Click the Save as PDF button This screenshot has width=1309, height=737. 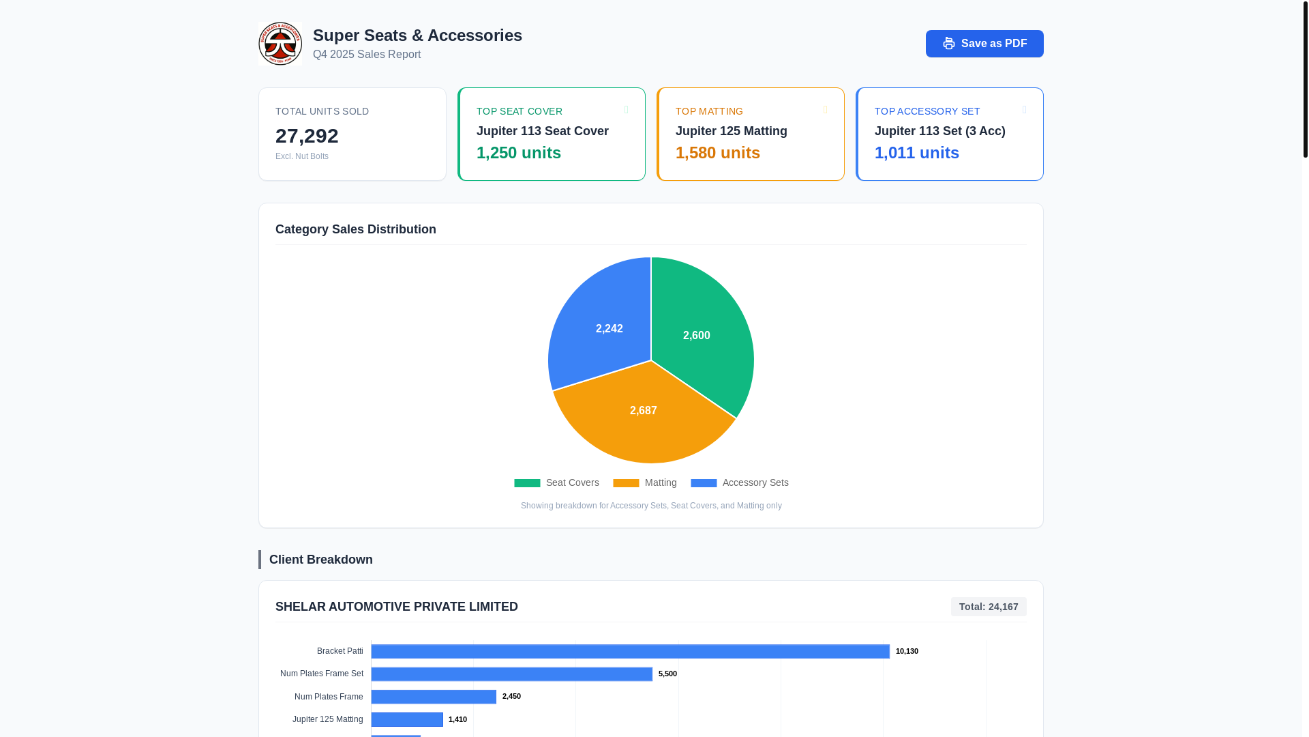coord(984,44)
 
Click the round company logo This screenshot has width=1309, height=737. coord(280,44)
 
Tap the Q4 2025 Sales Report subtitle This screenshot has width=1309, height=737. coord(367,55)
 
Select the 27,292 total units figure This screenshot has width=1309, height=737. coord(307,136)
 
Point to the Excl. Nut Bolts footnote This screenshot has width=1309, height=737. coord(302,156)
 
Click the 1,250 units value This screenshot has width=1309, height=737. coord(518,153)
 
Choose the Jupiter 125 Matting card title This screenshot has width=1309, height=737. coord(731,131)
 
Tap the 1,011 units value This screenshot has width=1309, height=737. coord(916,153)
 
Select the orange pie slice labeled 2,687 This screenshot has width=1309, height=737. coord(643,416)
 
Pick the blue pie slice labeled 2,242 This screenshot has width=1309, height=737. coord(603,328)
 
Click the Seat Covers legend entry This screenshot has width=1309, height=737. coord(557,482)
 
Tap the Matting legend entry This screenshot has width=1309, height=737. coord(645,482)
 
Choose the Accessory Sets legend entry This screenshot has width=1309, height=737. coord(740,482)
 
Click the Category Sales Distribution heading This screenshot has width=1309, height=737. coord(355,229)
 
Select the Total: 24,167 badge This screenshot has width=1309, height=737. coord(988,607)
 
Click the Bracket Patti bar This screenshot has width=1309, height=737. coord(630,651)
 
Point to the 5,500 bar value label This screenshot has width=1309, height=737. coord(667,674)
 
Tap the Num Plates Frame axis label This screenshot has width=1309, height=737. coord(329,697)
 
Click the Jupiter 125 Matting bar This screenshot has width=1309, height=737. coord(407,719)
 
